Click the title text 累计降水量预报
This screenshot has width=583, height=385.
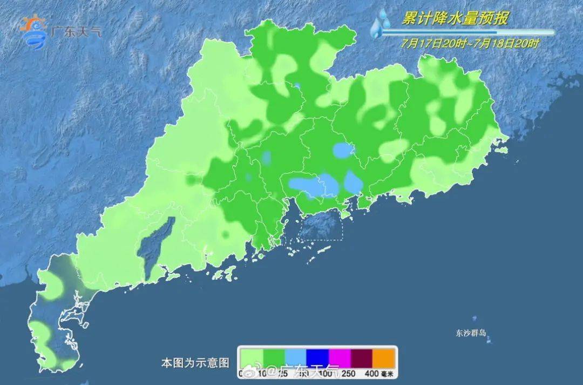[455, 19]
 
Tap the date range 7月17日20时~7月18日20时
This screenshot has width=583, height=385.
[470, 44]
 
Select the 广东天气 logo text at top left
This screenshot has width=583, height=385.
[76, 30]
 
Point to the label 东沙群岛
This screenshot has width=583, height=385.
[471, 333]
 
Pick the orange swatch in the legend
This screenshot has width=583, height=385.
[384, 357]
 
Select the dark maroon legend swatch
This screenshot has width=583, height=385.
[362, 357]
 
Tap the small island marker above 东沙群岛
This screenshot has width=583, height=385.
[474, 319]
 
